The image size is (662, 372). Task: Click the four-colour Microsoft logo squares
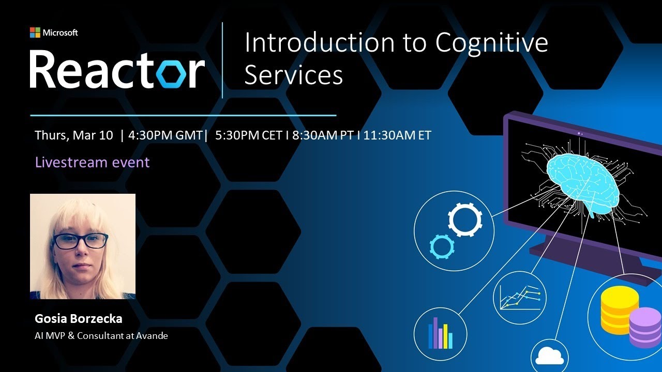tap(35, 33)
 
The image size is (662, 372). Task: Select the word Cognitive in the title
tap(491, 42)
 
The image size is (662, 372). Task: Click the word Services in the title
tap(293, 75)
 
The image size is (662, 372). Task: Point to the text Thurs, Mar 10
tap(73, 135)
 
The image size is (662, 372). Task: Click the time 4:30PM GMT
tap(165, 135)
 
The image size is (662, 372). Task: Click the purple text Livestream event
tap(92, 162)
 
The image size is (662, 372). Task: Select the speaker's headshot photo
tap(83, 246)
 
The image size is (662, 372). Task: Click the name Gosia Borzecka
tap(79, 318)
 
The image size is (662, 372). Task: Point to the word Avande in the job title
tap(153, 336)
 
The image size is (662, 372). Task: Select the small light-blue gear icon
tap(441, 246)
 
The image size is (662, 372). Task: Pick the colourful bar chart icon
tap(440, 333)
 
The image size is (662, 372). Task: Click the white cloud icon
tap(549, 355)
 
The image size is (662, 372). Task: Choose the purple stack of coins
tap(645, 327)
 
